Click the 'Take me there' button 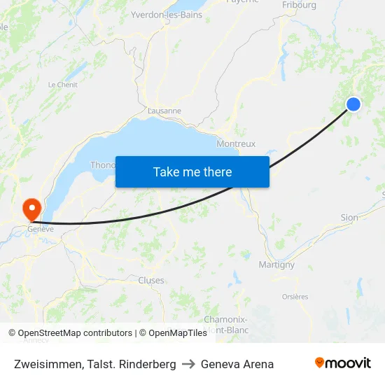192,171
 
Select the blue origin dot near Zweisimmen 353,104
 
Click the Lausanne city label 164,111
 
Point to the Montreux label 236,143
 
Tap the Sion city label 349,218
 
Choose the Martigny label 276,265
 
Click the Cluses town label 151,281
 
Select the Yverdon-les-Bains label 167,15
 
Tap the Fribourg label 299,5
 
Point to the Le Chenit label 62,85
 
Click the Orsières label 295,297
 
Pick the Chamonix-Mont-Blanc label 226,324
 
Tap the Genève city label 41,228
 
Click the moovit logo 342,363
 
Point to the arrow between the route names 188,364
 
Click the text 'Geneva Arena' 237,364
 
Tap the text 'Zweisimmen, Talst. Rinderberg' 95,364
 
